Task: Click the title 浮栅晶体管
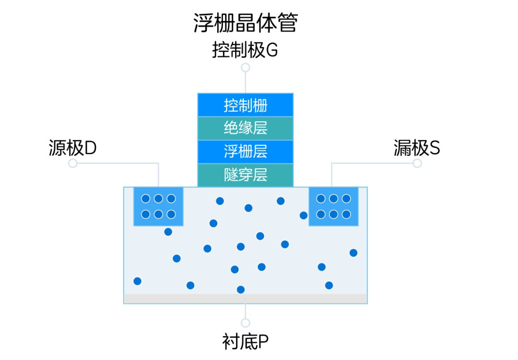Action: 246,23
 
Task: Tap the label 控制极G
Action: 245,50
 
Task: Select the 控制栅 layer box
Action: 246,105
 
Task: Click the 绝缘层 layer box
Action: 246,128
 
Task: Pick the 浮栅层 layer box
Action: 246,151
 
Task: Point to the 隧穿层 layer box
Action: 246,175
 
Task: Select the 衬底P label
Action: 246,341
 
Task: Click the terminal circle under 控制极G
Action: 246,68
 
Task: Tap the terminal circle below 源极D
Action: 73,163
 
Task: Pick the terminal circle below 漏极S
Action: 417,163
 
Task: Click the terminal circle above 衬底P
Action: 246,323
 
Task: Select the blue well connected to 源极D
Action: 158,207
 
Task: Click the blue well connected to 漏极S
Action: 334,207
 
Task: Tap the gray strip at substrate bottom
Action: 246,299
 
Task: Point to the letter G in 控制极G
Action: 271,50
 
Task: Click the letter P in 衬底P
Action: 263,342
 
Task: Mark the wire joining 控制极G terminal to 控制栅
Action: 246,83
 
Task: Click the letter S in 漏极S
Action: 435,148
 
